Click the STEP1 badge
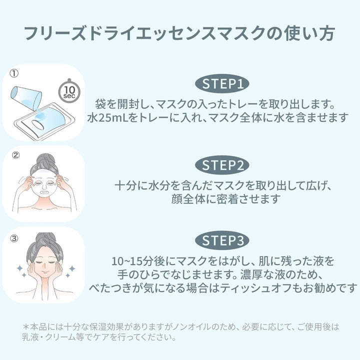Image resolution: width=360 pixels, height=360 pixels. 222,83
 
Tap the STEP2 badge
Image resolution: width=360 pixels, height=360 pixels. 222,165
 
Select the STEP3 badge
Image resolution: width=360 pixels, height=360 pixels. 222,240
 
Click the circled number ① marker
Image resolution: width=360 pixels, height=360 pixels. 14,73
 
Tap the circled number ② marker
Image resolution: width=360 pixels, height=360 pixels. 15,155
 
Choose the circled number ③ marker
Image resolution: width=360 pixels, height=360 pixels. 14,238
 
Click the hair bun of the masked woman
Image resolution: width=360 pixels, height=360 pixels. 46,159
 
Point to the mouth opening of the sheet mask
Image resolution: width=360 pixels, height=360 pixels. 44,191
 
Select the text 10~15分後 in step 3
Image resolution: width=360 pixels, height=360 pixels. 137,261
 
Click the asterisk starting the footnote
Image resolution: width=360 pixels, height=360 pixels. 26,326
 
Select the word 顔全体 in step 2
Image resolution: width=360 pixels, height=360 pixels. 188,199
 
